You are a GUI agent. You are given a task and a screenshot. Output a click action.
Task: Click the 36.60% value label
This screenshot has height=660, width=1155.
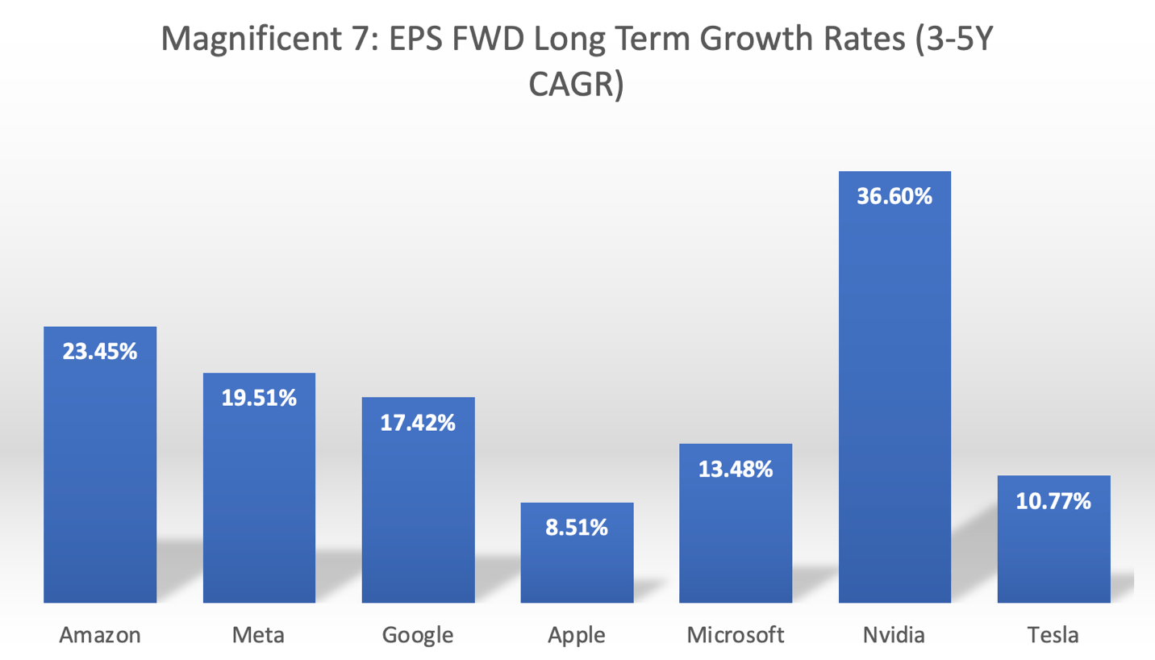tap(894, 196)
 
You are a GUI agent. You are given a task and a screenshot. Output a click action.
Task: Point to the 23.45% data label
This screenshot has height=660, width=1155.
tap(100, 352)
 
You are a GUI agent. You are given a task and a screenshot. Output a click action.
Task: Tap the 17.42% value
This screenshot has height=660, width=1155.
tap(418, 422)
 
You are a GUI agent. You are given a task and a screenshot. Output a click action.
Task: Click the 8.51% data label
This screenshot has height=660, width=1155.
tap(577, 528)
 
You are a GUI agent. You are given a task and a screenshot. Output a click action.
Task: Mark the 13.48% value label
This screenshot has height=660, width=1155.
tap(736, 469)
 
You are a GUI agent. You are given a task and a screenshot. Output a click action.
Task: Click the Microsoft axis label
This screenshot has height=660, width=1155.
tap(736, 635)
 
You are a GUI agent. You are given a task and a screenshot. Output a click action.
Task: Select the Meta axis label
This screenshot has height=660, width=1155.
tap(259, 635)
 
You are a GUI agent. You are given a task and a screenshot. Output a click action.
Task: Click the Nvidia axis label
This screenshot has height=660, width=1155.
tap(894, 635)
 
